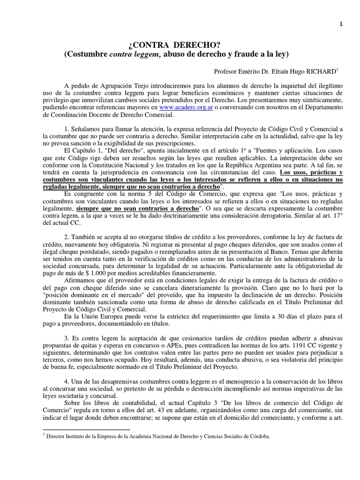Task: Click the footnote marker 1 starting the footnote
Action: coord(44,435)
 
